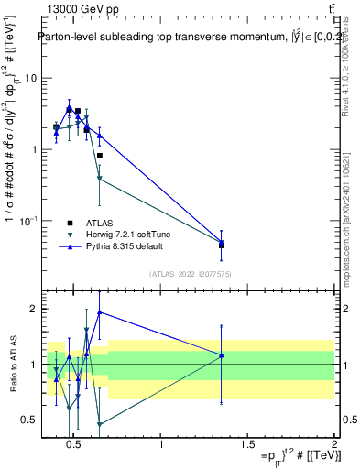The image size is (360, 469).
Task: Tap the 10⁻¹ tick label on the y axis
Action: pyautogui.click(x=29, y=221)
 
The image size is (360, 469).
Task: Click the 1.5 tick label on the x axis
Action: pyautogui.click(x=247, y=445)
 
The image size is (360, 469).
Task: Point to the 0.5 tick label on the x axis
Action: pyautogui.click(x=74, y=445)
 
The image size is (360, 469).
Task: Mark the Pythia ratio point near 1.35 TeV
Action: pyautogui.click(x=222, y=355)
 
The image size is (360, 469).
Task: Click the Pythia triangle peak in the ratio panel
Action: pyautogui.click(x=99, y=312)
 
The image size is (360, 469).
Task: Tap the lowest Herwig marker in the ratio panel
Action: pyautogui.click(x=99, y=424)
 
